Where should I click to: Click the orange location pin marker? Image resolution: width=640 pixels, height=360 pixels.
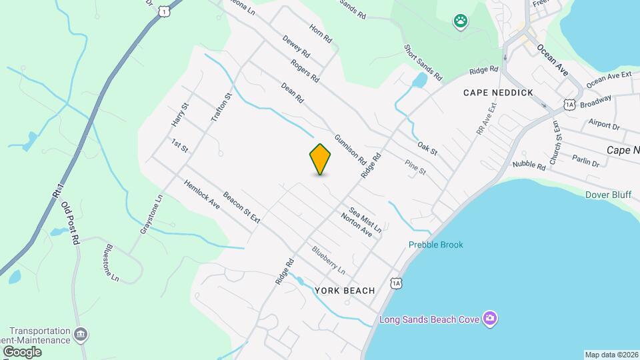320,159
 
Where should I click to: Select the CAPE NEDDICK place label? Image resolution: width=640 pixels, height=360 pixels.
499,93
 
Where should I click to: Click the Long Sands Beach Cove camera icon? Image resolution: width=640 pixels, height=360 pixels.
490,319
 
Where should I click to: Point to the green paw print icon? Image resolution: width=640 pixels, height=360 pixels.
461,21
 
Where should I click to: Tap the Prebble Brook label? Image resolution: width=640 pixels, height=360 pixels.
435,245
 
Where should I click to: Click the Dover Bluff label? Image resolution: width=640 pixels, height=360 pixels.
607,195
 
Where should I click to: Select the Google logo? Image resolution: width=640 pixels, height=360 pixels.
21,351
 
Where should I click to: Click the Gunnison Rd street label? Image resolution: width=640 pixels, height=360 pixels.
351,149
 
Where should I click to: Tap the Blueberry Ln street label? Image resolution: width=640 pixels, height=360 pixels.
329,261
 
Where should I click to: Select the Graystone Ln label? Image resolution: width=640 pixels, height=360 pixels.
151,214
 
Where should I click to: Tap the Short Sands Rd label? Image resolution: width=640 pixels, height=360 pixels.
423,63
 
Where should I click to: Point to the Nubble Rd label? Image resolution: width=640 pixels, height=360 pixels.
529,165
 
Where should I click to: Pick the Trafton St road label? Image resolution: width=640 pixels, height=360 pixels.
221,107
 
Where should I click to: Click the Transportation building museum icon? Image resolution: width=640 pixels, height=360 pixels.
81,334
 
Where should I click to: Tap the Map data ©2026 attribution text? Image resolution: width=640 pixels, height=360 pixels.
611,355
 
